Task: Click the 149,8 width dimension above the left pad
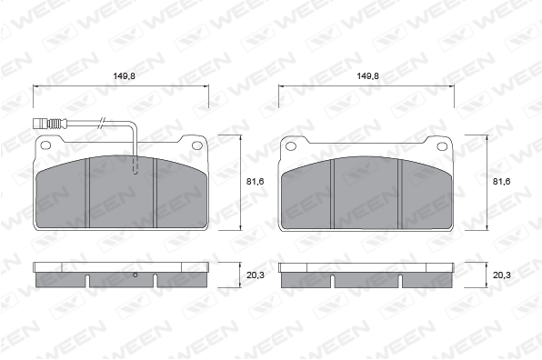click(124, 76)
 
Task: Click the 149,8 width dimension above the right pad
click(367, 76)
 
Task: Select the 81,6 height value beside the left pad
click(256, 182)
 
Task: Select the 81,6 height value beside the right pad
click(501, 182)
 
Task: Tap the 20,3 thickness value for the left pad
click(256, 275)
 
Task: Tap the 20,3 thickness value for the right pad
click(501, 275)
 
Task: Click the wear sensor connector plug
click(46, 123)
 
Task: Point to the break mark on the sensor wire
click(102, 123)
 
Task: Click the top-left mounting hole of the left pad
click(45, 145)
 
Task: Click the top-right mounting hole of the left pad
click(197, 145)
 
